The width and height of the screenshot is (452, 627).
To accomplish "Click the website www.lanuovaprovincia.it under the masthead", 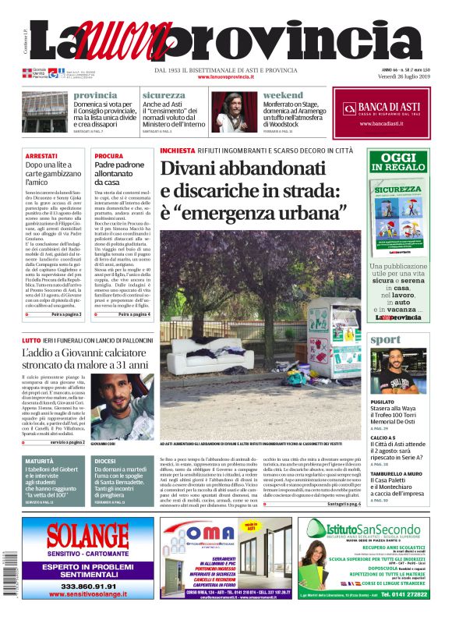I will pyautogui.click(x=225, y=77).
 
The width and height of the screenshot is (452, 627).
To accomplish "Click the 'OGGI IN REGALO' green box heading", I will pyautogui.click(x=398, y=162).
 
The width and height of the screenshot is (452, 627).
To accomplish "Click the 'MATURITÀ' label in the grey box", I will pyautogui.click(x=40, y=461).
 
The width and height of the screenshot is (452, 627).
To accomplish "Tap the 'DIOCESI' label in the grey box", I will pyautogui.click(x=105, y=461).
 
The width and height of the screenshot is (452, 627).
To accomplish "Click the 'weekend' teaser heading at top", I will pyautogui.click(x=283, y=95).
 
